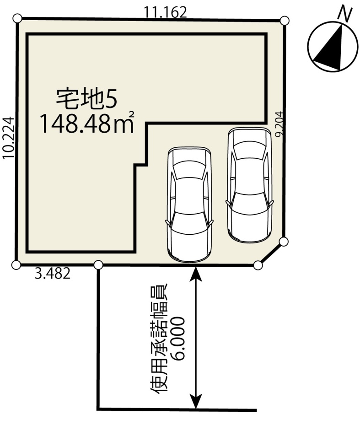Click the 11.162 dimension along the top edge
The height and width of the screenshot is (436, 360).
coord(165,12)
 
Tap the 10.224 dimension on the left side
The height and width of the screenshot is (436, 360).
coord(8,138)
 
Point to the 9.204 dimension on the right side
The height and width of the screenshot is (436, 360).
coord(279,124)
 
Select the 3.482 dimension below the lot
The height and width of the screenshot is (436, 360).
coord(53,274)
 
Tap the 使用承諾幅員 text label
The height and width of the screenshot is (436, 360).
coord(159,339)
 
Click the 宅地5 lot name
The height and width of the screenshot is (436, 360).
coord(86,99)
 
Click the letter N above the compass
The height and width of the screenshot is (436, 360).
coord(345,15)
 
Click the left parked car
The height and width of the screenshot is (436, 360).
coord(189,205)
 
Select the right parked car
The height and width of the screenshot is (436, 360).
coord(249,185)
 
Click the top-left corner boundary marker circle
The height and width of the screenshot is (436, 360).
coord(17,18)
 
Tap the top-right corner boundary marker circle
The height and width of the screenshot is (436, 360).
coord(285,21)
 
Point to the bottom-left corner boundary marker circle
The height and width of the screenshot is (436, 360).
coord(16,265)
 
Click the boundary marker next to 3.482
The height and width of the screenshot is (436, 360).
coord(98,265)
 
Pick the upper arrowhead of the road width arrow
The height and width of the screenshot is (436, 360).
coord(196,273)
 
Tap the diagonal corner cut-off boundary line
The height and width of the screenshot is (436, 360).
coord(271,253)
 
